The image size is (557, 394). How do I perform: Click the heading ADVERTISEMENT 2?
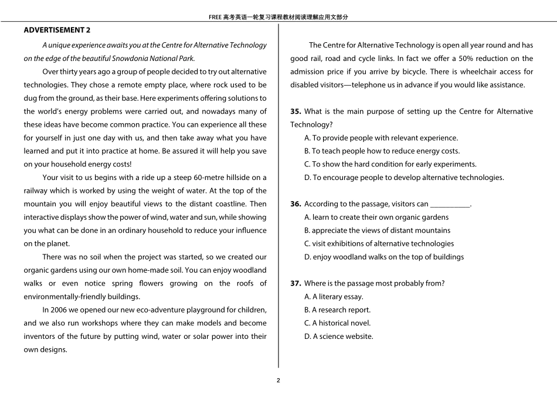tap(57, 30)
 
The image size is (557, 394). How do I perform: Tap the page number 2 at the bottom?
tap(278, 380)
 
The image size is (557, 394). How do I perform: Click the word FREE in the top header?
tap(215, 17)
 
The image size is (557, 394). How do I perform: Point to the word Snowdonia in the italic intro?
tap(133, 58)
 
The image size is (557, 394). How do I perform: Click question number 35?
tap(296, 111)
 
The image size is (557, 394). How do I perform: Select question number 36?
tap(296, 204)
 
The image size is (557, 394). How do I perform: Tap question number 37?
tap(296, 283)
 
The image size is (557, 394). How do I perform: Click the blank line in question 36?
tap(450, 205)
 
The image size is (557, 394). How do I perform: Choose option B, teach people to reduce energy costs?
tap(382, 151)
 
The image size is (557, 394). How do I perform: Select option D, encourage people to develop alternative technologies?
tap(404, 178)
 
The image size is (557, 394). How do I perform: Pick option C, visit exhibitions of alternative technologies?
tap(379, 244)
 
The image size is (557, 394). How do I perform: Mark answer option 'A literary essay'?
tap(334, 297)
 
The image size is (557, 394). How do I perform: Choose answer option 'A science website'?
tap(338, 337)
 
